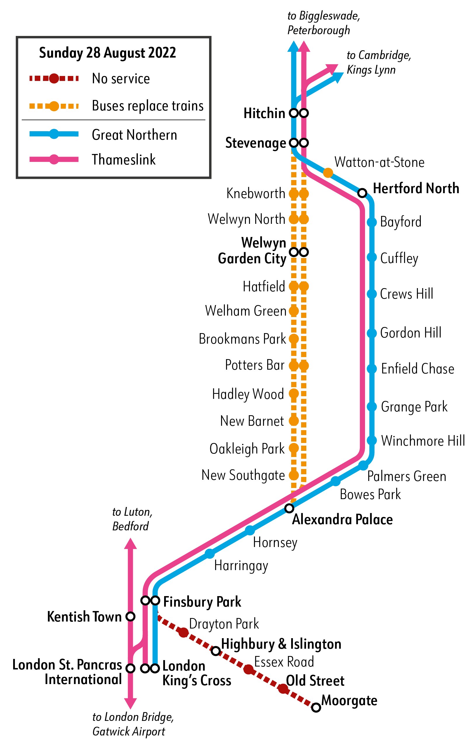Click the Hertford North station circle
click(362, 193)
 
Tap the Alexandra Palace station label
click(342, 520)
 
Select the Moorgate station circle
click(316, 708)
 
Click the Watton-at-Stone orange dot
click(328, 173)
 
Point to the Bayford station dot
click(372, 222)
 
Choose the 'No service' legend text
click(121, 79)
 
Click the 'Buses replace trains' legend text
click(148, 106)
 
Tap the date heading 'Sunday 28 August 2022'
click(107, 53)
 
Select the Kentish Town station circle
click(130, 617)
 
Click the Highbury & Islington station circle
click(216, 651)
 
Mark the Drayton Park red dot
click(184, 632)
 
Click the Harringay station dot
click(210, 554)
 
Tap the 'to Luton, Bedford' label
click(132, 519)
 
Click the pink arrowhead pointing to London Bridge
click(130, 704)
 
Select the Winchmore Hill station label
click(423, 441)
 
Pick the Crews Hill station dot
click(372, 294)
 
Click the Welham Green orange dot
click(293, 311)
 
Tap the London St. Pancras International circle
click(130, 668)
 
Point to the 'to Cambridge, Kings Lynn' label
click(379, 62)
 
